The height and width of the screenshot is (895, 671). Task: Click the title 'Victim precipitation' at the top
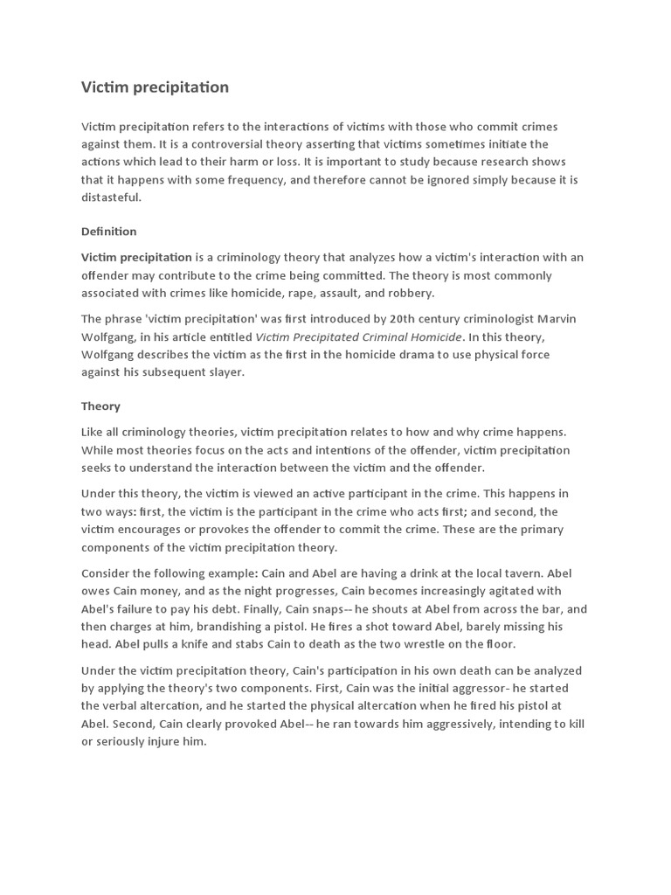point(155,87)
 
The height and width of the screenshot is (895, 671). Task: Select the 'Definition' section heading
point(109,232)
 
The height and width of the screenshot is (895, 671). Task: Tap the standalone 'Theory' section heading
point(100,406)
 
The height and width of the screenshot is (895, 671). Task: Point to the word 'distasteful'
point(110,198)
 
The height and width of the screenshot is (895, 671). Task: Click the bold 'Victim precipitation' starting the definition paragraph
point(136,258)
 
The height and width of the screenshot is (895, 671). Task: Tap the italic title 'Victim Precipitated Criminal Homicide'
point(357,336)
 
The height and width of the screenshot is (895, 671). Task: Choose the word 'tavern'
point(548,573)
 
